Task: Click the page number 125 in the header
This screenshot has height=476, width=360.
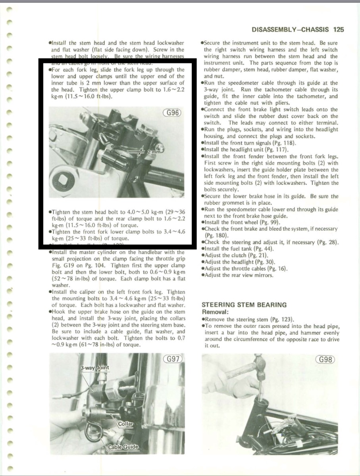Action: pos(339,29)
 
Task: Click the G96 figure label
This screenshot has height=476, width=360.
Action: pos(172,112)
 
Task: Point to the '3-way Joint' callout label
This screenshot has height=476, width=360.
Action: pos(94,368)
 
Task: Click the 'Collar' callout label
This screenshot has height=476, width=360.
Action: pos(125,424)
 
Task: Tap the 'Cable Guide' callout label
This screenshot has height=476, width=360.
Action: pos(123,447)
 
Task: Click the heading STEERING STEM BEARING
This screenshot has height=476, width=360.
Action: pos(244,305)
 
